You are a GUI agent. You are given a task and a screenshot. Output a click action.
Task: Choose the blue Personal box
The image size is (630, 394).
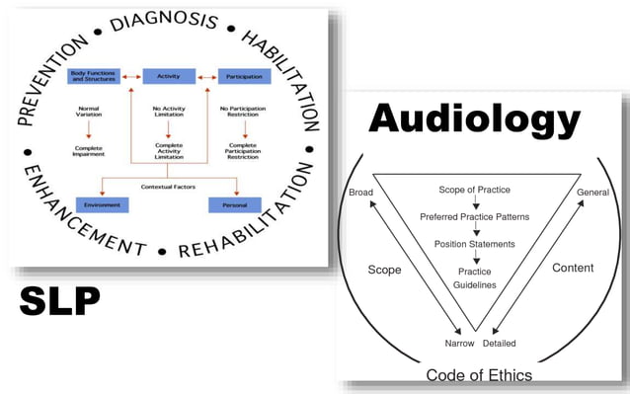point(233,204)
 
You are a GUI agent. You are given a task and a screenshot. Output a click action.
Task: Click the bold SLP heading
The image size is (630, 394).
point(59,301)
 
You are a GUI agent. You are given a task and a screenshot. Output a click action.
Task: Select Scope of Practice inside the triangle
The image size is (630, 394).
point(475,189)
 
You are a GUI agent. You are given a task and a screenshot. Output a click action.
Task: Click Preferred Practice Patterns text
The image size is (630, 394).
point(475,216)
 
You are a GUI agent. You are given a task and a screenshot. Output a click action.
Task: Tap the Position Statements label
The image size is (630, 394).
point(475,244)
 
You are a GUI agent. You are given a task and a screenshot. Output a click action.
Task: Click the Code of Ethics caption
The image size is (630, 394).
point(479,375)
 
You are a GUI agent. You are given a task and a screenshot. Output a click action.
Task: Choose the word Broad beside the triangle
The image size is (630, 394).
point(359,192)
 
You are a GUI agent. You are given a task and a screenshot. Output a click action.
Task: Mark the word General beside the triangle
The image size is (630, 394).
point(592,192)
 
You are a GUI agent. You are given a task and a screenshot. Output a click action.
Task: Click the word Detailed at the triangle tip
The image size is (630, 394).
point(499,343)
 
